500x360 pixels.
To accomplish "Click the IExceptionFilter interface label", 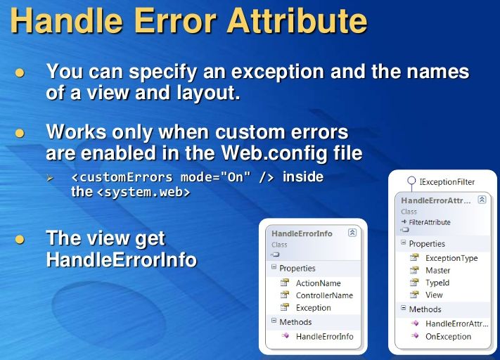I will (x=447, y=181).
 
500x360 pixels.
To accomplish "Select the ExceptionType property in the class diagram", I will (x=451, y=258).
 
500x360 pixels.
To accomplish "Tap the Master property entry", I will (x=437, y=271).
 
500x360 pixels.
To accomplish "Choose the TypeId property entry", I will (x=437, y=283).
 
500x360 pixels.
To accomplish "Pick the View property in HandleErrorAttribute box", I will (x=434, y=295).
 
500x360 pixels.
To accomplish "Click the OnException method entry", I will (x=448, y=336).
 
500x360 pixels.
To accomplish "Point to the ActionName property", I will (x=318, y=283).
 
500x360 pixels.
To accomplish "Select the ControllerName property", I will (x=323, y=295).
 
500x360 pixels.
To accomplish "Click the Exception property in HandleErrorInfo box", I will (x=313, y=308).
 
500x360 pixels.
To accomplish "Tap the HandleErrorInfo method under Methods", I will (x=324, y=337).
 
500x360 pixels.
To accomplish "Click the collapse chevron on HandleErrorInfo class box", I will (x=352, y=233).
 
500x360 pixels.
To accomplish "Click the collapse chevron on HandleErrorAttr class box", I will (x=482, y=200).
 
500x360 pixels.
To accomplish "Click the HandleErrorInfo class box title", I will (x=302, y=233).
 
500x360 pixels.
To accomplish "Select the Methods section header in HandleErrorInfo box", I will (x=295, y=321).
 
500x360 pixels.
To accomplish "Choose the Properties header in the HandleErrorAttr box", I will (x=427, y=244).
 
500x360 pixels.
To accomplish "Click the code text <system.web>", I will (x=143, y=192).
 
